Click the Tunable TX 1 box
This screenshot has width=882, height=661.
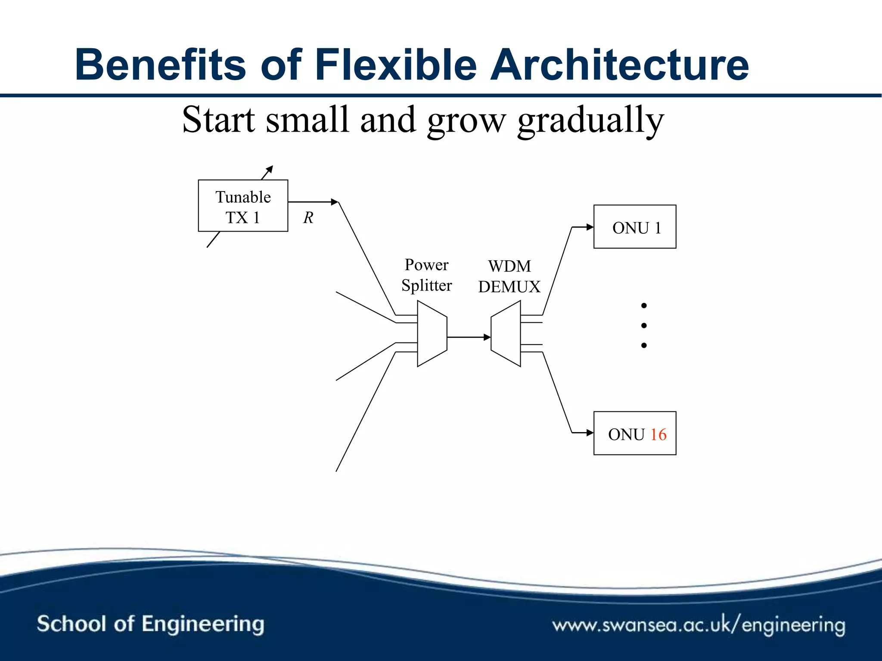tap(243, 206)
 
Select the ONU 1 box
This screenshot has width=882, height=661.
tap(634, 227)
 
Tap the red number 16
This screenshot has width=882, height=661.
tap(658, 435)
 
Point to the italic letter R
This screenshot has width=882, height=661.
tap(308, 218)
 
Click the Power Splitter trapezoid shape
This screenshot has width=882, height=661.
tap(432, 334)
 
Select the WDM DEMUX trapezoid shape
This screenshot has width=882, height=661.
tap(506, 334)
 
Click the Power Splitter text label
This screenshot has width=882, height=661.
tap(426, 275)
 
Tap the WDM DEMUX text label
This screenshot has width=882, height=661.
tap(509, 276)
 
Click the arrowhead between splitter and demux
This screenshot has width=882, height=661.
tap(487, 337)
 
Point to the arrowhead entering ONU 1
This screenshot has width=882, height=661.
tap(590, 227)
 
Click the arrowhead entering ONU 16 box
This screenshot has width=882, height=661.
tap(590, 432)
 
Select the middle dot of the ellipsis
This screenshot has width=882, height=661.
tap(644, 325)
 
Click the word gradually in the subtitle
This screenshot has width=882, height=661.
tap(590, 120)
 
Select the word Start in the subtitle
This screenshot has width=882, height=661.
tap(218, 120)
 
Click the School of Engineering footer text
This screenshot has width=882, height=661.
tap(150, 624)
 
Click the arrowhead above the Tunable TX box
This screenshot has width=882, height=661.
tap(270, 169)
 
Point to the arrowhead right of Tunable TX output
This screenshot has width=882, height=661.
tap(335, 202)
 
